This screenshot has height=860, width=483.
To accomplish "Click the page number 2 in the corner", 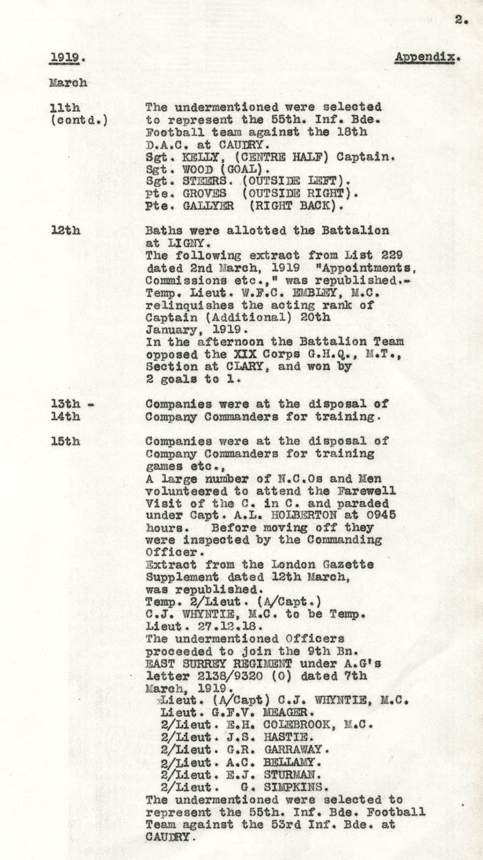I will click(x=461, y=20).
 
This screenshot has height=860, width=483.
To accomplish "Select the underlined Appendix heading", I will click(x=427, y=58).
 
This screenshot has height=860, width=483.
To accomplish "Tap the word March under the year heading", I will click(x=68, y=84).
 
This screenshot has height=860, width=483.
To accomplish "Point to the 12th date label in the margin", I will click(x=65, y=230).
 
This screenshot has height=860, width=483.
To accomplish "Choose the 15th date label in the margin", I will click(x=65, y=441).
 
